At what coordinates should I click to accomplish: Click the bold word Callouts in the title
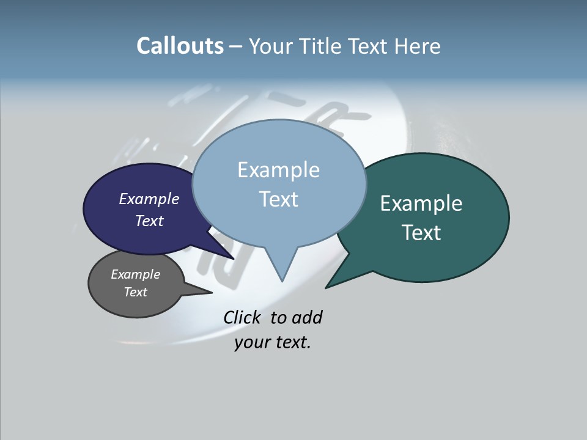180,46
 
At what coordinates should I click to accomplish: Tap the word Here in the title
418,46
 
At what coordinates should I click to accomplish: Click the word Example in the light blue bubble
278,170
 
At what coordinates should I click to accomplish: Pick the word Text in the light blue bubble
278,199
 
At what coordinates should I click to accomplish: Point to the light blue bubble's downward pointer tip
282,280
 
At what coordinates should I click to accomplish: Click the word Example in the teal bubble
421,204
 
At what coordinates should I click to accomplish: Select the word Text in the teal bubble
421,232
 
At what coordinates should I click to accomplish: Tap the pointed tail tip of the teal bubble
327,287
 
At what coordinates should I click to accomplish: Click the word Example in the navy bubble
149,199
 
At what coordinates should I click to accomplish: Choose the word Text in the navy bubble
149,221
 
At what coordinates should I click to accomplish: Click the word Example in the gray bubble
135,274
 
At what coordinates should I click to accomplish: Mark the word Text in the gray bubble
135,292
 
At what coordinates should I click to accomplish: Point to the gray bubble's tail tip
212,293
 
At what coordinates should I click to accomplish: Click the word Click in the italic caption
241,317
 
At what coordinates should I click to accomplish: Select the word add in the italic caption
307,317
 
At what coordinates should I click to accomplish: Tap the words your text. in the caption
272,342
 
